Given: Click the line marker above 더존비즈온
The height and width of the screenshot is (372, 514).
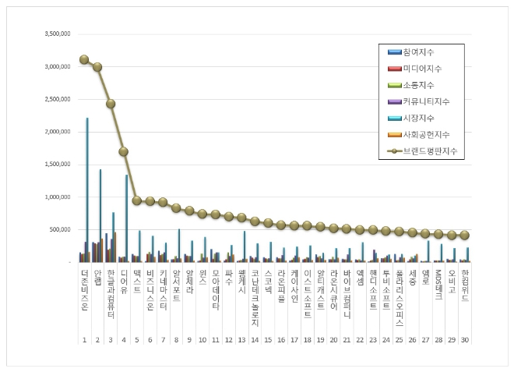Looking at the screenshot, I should pos(84,59).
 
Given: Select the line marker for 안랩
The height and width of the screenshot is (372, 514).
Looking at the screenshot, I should pos(97,67).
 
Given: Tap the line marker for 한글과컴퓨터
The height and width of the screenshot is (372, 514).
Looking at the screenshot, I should pos(111,104).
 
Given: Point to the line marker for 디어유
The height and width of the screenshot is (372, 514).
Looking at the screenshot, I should pos(124,151).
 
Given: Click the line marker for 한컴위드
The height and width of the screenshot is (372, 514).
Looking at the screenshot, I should pos(465,235).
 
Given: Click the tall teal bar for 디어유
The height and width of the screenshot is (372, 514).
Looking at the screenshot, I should pos(127,218).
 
